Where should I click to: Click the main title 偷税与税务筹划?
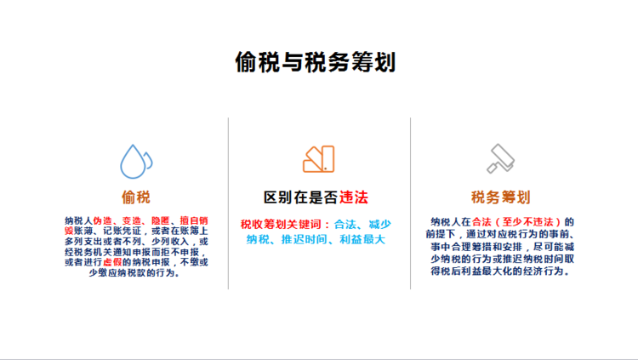click(316, 62)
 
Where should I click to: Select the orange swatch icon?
click(319, 159)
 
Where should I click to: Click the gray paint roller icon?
click(501, 158)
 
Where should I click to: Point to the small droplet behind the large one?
click(149, 160)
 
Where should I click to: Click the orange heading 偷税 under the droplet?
click(136, 197)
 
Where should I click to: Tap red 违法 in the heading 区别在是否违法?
click(354, 197)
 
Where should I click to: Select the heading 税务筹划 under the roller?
click(500, 197)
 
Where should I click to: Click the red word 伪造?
click(102, 220)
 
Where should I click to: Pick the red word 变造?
click(131, 220)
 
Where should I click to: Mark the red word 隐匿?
click(160, 220)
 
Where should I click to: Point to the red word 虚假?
click(112, 262)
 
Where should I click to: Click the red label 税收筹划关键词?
click(281, 225)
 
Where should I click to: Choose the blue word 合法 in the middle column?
click(345, 225)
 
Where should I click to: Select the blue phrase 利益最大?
click(362, 239)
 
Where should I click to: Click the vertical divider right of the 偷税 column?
click(228, 203)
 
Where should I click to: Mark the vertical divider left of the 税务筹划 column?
click(411, 203)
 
